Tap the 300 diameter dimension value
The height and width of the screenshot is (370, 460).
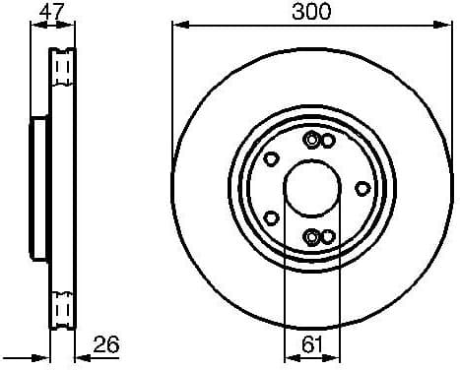point(311,12)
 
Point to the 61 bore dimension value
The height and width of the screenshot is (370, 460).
point(311,343)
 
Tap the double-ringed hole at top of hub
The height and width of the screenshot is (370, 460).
point(312,140)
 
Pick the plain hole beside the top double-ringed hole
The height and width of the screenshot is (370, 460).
point(327,142)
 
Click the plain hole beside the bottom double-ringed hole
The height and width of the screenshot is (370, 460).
point(327,236)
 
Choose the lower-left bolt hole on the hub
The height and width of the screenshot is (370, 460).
point(271,216)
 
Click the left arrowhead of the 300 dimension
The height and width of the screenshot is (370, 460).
point(178,27)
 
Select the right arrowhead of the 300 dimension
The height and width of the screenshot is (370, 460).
point(444,27)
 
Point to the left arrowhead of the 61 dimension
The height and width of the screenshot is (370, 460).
point(289,357)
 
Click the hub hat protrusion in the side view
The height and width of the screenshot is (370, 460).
point(38,187)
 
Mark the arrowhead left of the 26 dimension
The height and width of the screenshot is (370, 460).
point(44,357)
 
